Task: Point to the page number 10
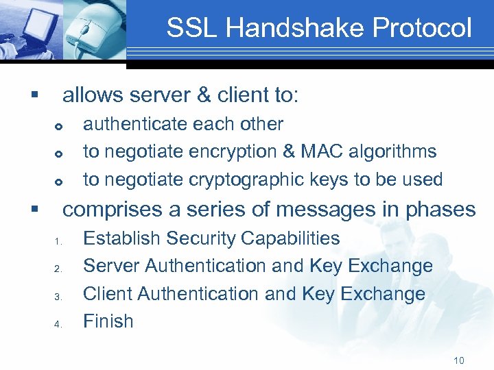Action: [459, 360]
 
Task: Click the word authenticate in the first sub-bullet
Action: [134, 124]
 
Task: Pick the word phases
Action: [439, 209]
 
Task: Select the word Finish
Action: [108, 321]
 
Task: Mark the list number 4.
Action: [59, 323]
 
